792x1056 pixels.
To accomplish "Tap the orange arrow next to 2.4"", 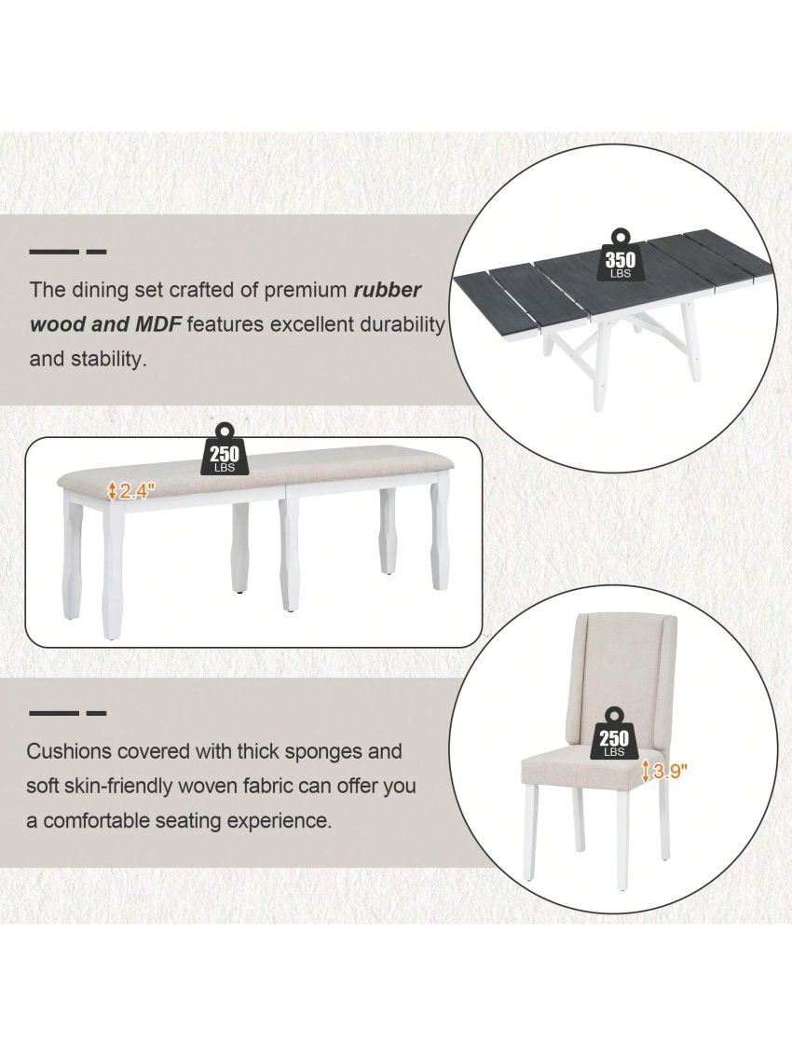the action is [113, 491].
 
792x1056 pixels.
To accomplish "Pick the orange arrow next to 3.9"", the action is [645, 771].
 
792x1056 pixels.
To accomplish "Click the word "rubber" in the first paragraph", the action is [388, 290].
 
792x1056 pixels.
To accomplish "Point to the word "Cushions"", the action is [70, 751].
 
